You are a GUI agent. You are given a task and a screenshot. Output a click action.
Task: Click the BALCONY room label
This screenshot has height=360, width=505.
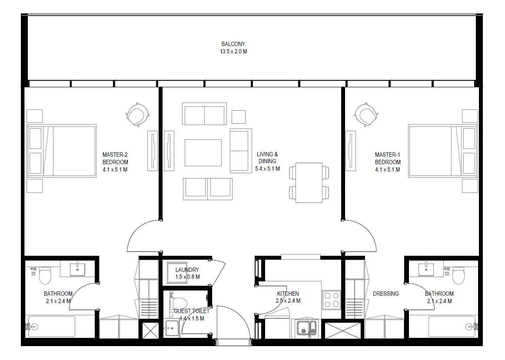[233, 44]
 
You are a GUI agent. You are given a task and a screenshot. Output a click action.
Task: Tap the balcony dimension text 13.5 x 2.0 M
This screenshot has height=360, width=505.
[233, 52]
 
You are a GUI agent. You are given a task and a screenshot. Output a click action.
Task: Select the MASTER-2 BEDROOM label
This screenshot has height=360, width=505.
[115, 158]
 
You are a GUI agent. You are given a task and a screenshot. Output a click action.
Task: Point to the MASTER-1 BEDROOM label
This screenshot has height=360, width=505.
[388, 158]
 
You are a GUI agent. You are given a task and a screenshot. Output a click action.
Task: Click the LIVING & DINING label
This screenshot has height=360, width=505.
[267, 158]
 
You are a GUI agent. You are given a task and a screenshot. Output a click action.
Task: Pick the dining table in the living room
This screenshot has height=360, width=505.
[309, 183]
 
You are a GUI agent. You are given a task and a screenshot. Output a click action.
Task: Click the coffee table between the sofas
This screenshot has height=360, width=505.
[203, 153]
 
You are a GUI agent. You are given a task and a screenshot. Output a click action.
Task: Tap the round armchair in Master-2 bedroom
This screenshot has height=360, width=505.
[138, 115]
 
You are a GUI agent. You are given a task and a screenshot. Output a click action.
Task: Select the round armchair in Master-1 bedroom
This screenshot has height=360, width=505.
[366, 115]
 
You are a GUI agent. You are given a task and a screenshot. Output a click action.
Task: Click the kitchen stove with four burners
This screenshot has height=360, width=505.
[332, 300]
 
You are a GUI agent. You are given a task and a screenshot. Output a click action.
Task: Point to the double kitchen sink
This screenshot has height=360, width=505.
[307, 328]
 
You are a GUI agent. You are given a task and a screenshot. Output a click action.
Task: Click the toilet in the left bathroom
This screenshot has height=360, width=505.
[45, 275]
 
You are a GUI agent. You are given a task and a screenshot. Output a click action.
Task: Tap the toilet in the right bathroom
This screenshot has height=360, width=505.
[458, 275]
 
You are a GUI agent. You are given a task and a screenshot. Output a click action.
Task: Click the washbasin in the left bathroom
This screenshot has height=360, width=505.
[78, 270]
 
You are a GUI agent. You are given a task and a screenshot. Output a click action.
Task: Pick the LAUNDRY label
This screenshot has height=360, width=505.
[187, 270]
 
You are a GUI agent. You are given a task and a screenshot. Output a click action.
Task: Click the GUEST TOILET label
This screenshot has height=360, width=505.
[192, 311]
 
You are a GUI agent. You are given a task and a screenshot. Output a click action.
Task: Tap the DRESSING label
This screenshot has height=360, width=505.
[385, 294]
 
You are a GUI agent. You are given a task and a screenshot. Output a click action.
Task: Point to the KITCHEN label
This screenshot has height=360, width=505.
[288, 294]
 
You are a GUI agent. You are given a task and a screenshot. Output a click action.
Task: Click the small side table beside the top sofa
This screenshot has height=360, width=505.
[238, 117]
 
